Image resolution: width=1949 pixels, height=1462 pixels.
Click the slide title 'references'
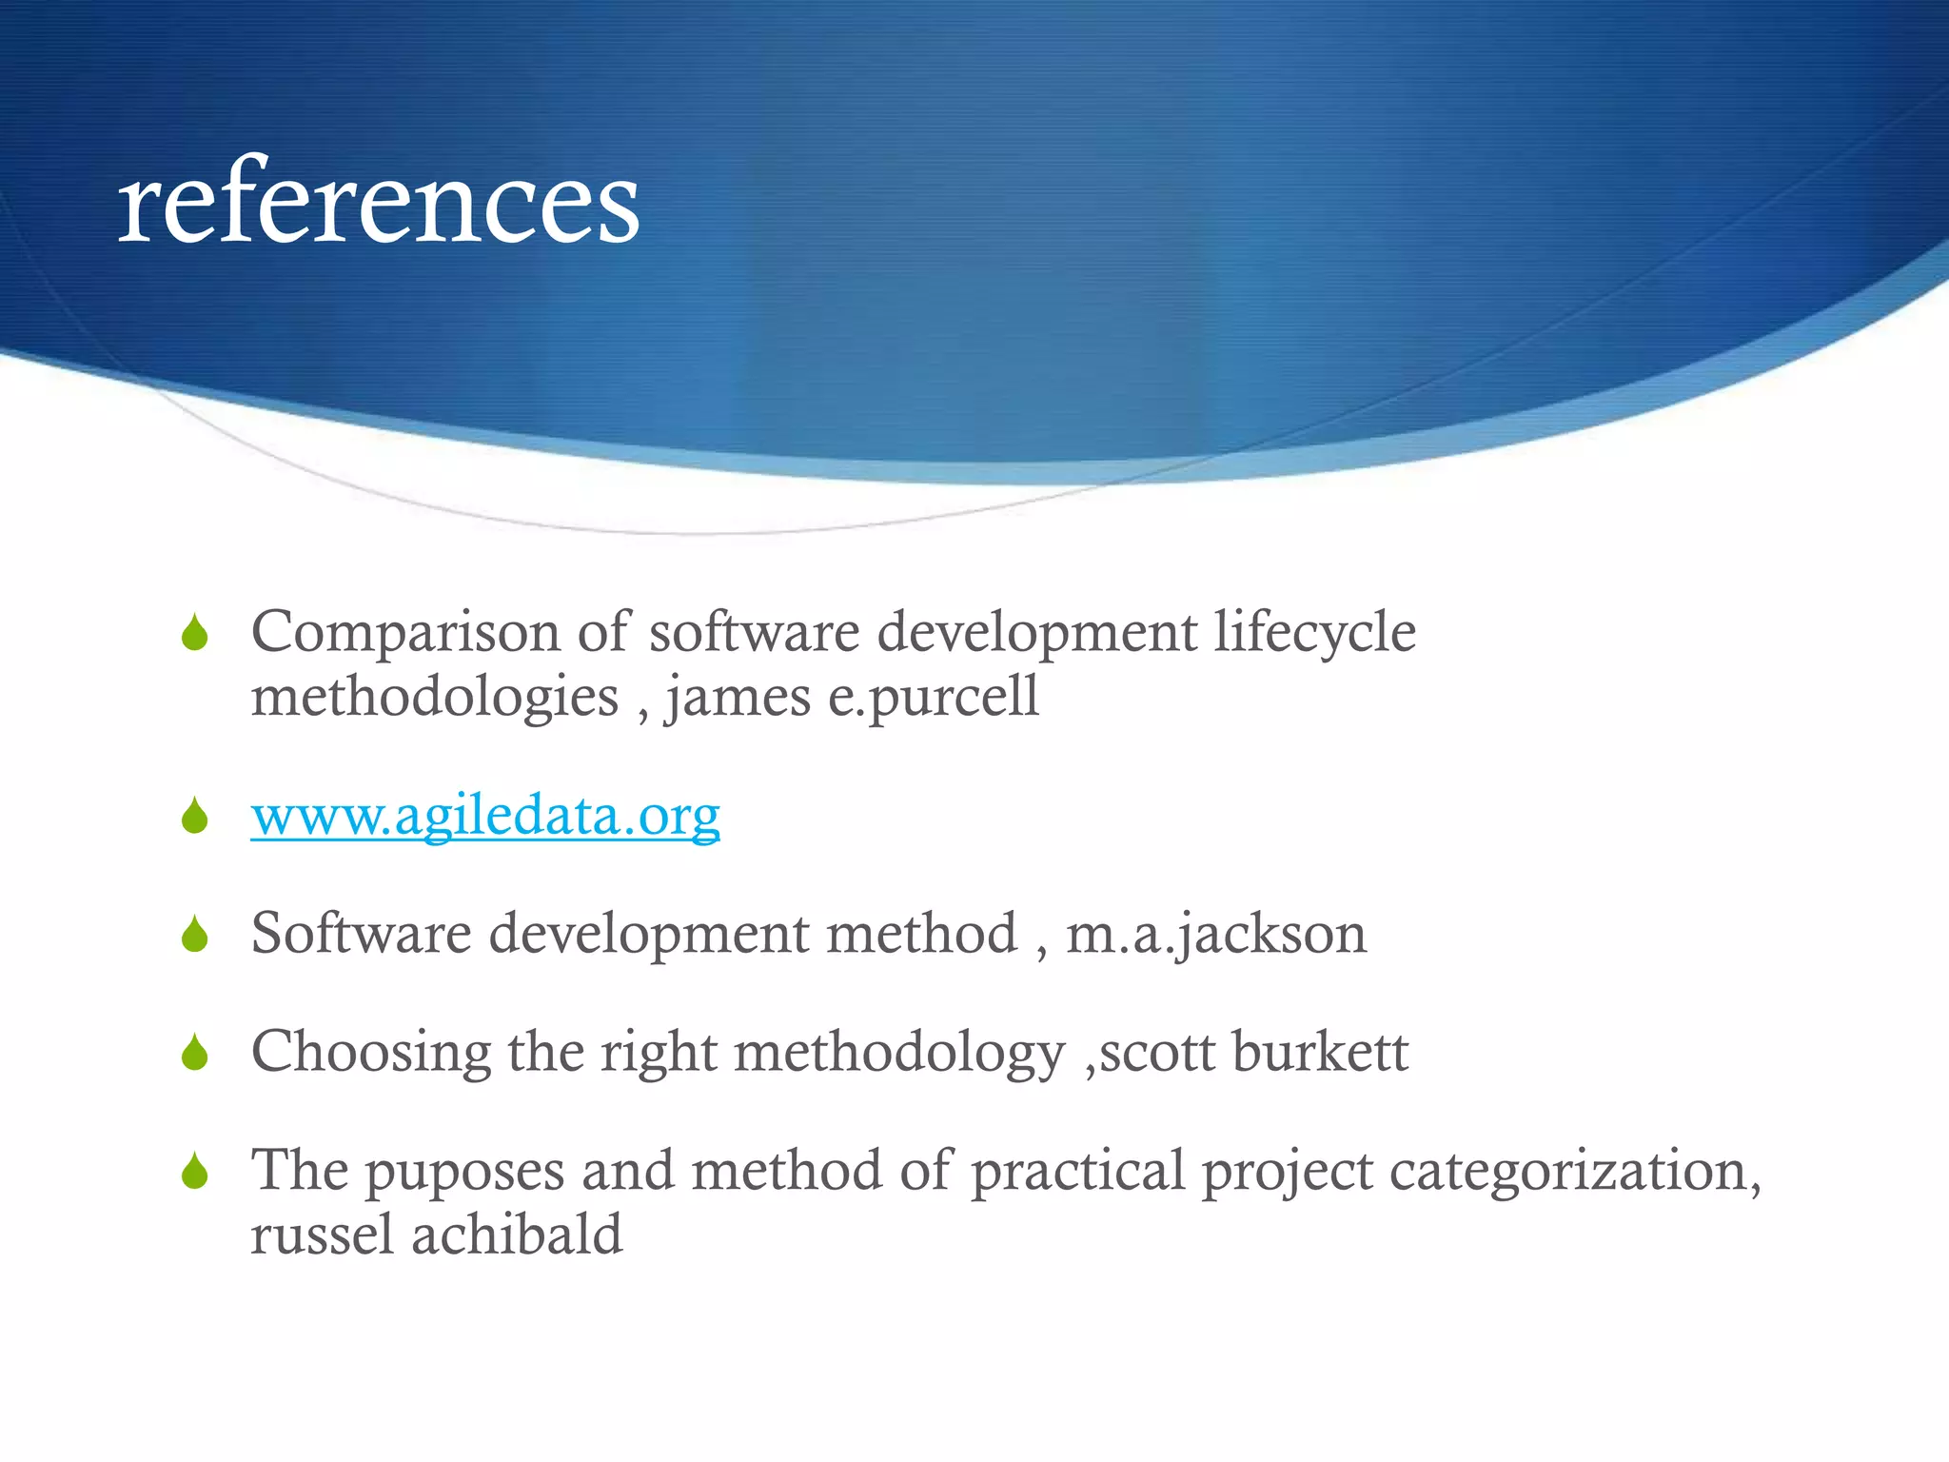[379, 201]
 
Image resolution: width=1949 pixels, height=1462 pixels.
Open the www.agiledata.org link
[485, 816]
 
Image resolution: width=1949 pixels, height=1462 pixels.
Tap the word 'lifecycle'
[1314, 632]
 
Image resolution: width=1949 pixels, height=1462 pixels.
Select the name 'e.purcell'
[933, 697]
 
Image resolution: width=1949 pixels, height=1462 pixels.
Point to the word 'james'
[738, 697]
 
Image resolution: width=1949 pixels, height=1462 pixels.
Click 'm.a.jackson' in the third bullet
[1216, 934]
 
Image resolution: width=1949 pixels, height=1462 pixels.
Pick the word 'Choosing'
[371, 1053]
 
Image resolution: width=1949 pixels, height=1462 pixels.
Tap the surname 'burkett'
[1320, 1052]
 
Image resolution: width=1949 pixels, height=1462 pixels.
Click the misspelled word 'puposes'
[465, 1172]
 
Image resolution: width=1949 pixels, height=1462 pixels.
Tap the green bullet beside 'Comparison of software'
[195, 634]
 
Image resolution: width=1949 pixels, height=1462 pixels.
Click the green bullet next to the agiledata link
[195, 817]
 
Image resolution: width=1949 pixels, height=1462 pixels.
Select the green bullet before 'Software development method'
[195, 935]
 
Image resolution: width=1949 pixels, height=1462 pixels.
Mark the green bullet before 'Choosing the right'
[195, 1053]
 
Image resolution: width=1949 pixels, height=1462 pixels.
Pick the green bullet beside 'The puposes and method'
[195, 1172]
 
